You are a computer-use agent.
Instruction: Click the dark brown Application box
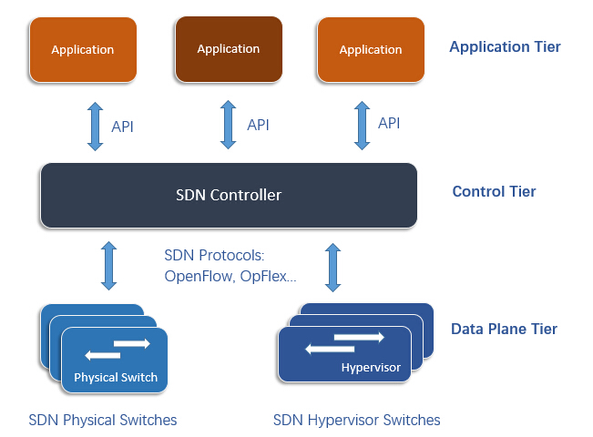click(228, 49)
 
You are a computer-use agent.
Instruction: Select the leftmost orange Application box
click(83, 49)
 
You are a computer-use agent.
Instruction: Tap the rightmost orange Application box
click(370, 49)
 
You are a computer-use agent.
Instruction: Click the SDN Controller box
click(229, 195)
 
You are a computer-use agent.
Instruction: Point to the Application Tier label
click(505, 46)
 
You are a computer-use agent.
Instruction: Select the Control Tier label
click(494, 192)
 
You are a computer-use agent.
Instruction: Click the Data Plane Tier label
click(504, 330)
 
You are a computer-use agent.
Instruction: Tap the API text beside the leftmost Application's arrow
click(122, 127)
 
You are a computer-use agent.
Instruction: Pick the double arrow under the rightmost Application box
click(362, 124)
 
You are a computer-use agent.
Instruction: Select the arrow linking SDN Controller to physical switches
click(109, 266)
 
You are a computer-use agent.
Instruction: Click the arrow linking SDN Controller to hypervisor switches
click(332, 266)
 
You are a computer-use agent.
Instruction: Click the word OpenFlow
click(199, 275)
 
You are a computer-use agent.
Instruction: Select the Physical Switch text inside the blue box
click(116, 377)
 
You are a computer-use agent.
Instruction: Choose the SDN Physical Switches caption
click(103, 420)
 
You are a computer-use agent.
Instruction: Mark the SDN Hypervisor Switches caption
click(356, 420)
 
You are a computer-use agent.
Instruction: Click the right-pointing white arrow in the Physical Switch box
click(132, 344)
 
